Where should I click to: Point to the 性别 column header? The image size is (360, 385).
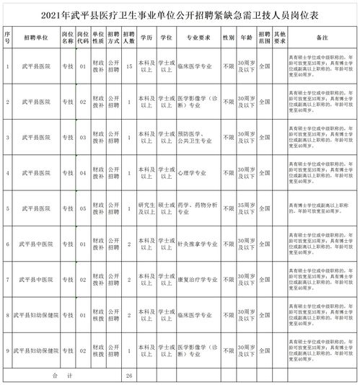(x=229, y=35)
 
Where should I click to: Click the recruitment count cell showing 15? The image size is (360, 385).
(x=128, y=68)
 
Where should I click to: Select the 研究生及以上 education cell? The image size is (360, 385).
(x=147, y=208)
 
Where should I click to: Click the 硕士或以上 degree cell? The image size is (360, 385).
(x=167, y=208)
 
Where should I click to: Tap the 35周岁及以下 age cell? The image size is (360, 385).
(x=248, y=208)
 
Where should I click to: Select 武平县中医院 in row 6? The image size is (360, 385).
(x=35, y=244)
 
